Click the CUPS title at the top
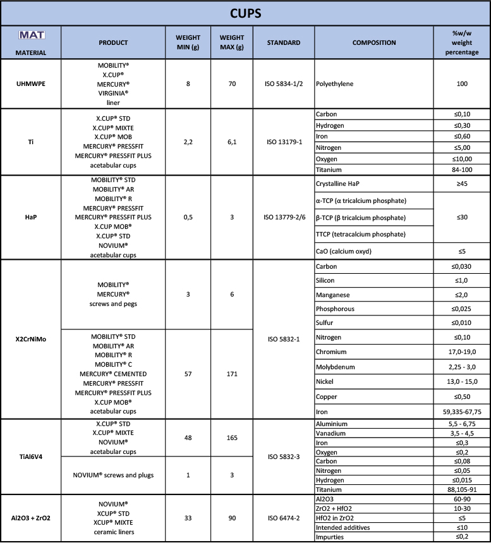245,13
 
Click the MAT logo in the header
30,34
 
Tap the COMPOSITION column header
374,43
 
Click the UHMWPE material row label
30,83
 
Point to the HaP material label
30,217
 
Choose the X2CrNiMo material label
30,338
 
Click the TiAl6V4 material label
30,454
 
